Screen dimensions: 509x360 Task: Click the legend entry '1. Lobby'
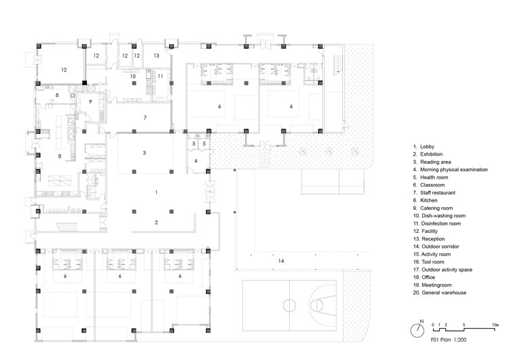[x=425, y=146]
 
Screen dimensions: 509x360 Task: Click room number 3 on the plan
[x=145, y=154]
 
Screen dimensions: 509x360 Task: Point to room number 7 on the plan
[x=145, y=118]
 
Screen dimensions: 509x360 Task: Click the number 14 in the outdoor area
[x=280, y=260]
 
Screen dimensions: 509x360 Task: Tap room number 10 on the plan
[x=133, y=77]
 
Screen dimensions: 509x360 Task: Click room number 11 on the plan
[x=160, y=77]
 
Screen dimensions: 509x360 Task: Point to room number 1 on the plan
[x=156, y=193]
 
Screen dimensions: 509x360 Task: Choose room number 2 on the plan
[x=156, y=222]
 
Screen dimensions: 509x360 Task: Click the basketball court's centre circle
[x=290, y=303]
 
